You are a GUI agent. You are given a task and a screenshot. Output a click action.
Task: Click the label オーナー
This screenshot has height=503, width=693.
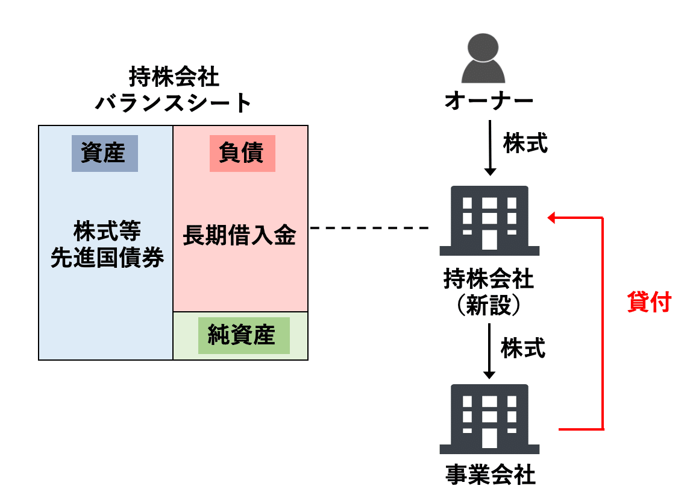pyautogui.click(x=489, y=101)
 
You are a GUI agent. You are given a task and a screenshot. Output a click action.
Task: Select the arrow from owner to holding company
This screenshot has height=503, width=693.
pyautogui.click(x=490, y=148)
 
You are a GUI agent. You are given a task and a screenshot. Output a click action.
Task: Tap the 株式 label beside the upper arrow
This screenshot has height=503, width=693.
pyautogui.click(x=525, y=144)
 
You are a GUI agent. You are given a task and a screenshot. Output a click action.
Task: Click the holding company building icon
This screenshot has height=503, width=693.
pyautogui.click(x=489, y=221)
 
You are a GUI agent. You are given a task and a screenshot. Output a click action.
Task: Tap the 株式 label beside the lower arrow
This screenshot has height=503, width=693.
pyautogui.click(x=524, y=348)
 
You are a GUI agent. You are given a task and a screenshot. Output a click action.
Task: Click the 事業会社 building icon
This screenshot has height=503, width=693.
pyautogui.click(x=489, y=419)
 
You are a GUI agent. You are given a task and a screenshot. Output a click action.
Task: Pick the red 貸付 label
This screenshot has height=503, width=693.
pyautogui.click(x=648, y=302)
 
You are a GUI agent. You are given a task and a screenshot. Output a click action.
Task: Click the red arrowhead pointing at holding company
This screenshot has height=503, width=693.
pyautogui.click(x=551, y=217)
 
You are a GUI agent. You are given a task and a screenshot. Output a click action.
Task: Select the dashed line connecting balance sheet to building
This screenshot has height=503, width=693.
pyautogui.click(x=368, y=229)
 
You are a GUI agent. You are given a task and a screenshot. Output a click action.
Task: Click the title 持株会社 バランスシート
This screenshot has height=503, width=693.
pyautogui.click(x=174, y=90)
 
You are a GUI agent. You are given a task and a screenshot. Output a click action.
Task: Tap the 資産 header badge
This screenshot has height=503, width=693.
pyautogui.click(x=104, y=153)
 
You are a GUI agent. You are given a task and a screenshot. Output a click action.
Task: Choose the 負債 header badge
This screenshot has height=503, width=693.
pyautogui.click(x=242, y=153)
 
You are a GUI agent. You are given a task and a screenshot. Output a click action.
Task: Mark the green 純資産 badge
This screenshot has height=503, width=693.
pyautogui.click(x=241, y=335)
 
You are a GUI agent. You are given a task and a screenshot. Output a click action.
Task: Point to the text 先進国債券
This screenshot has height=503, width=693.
pyautogui.click(x=107, y=258)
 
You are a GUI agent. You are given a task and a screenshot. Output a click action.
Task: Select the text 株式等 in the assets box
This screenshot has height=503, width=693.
pyautogui.click(x=107, y=231)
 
